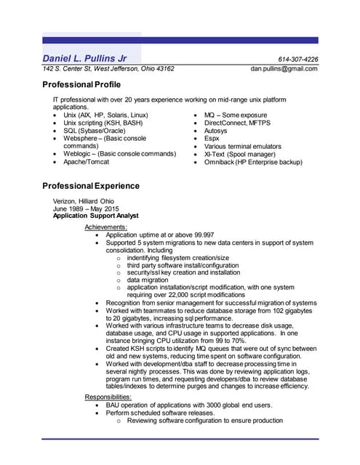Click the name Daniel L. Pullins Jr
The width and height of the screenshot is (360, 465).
[85, 58]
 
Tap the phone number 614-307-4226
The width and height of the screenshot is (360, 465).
[298, 59]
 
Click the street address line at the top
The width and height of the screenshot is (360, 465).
[108, 69]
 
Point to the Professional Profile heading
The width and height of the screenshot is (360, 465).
[86, 86]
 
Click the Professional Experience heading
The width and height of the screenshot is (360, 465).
[96, 187]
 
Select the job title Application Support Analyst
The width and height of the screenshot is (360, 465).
[96, 217]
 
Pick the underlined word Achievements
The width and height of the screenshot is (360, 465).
[105, 227]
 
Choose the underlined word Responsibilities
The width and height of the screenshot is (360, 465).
[110, 397]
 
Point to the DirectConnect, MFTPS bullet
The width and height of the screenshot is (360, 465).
[237, 123]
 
